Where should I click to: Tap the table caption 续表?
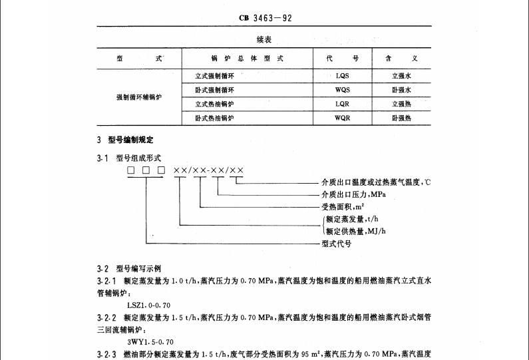[264, 41]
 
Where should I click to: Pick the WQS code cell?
[343, 90]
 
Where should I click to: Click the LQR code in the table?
[343, 104]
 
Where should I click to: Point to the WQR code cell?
[343, 118]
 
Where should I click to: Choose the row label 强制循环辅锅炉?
[139, 97]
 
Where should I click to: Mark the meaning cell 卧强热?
[401, 118]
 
